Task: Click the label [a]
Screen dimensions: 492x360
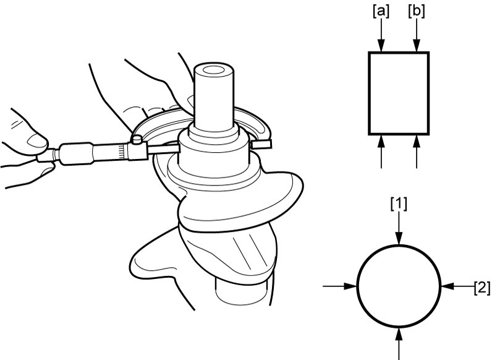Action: pyautogui.click(x=381, y=12)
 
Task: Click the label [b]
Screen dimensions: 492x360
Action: pyautogui.click(x=417, y=12)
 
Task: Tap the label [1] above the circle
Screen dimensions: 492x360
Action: pyautogui.click(x=399, y=204)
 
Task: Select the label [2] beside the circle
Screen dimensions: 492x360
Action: pyautogui.click(x=482, y=288)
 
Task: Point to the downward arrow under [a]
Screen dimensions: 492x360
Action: pyautogui.click(x=381, y=35)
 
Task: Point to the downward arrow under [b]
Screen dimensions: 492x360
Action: pyautogui.click(x=417, y=35)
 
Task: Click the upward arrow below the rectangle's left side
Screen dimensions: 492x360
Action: pyautogui.click(x=381, y=152)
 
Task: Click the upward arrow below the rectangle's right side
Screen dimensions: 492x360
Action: pyautogui.click(x=417, y=152)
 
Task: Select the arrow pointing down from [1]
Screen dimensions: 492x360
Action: pyautogui.click(x=399, y=228)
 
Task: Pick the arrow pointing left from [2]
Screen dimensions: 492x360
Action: pyautogui.click(x=457, y=286)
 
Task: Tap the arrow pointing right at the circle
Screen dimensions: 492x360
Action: pyautogui.click(x=340, y=286)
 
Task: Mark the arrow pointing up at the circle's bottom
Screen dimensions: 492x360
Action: pyautogui.click(x=399, y=344)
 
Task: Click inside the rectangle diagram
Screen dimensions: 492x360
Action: pyautogui.click(x=399, y=93)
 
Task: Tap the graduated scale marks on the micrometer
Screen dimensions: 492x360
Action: pyautogui.click(x=122, y=152)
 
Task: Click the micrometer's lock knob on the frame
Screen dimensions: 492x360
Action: pyautogui.click(x=137, y=139)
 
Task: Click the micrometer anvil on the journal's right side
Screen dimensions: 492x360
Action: pyautogui.click(x=261, y=144)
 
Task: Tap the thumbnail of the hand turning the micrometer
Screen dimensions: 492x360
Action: pyautogui.click(x=37, y=140)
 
